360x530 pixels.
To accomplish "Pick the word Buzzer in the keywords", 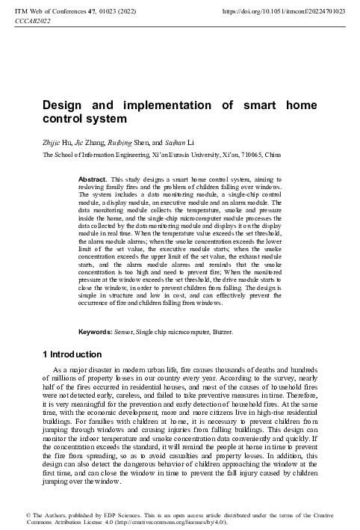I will (231, 330).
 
